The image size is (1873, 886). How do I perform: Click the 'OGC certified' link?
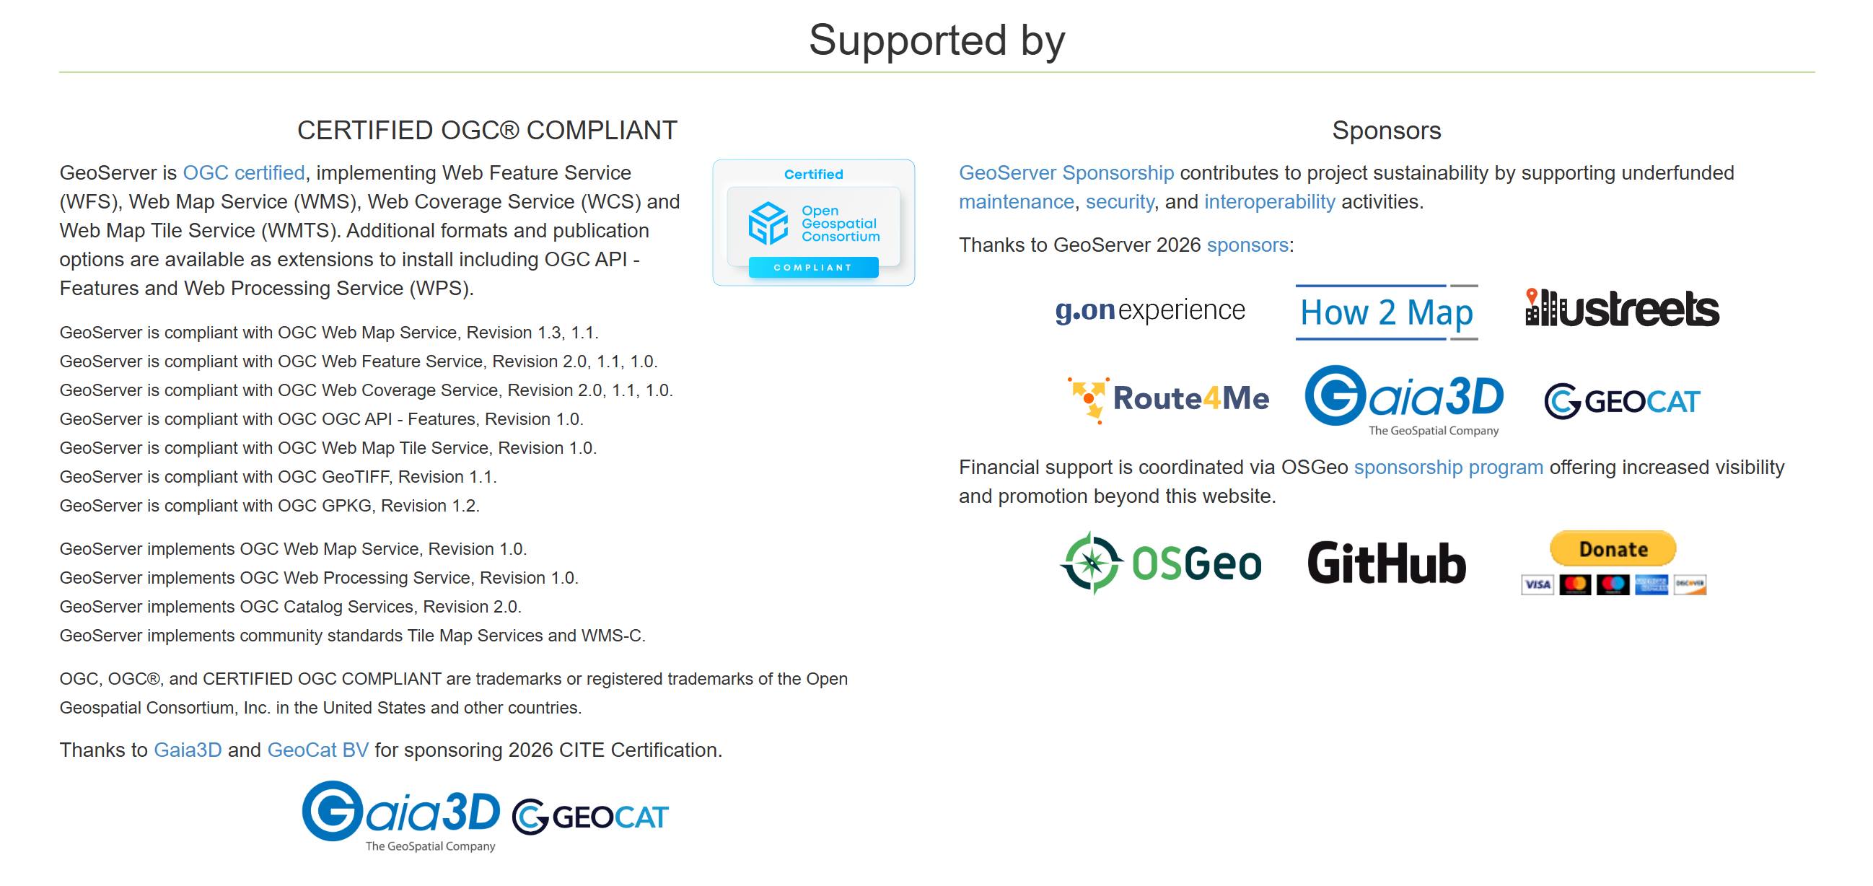(x=244, y=173)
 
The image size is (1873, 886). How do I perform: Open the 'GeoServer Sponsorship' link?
(x=1066, y=173)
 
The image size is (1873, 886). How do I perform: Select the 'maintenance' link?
(x=1016, y=202)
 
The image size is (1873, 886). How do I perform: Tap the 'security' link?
(x=1119, y=202)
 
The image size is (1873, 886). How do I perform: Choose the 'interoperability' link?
(x=1269, y=202)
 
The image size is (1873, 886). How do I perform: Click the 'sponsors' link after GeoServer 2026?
(x=1247, y=245)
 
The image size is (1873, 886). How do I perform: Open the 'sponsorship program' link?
(x=1447, y=468)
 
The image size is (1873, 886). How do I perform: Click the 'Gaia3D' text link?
(x=188, y=750)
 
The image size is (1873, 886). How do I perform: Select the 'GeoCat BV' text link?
(x=317, y=750)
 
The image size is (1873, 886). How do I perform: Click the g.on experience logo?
(x=1149, y=310)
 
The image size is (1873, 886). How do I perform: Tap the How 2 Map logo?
(x=1386, y=312)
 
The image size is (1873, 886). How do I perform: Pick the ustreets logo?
(x=1621, y=309)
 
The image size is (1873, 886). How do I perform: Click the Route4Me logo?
(x=1167, y=399)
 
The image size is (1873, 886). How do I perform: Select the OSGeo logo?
(x=1160, y=563)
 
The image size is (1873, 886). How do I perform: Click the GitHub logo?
(x=1387, y=563)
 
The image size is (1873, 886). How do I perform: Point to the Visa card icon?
(x=1537, y=584)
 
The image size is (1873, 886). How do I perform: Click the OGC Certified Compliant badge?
(x=813, y=222)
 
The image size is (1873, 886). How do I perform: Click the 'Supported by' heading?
(x=936, y=40)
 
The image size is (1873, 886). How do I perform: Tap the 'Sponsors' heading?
(x=1386, y=131)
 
